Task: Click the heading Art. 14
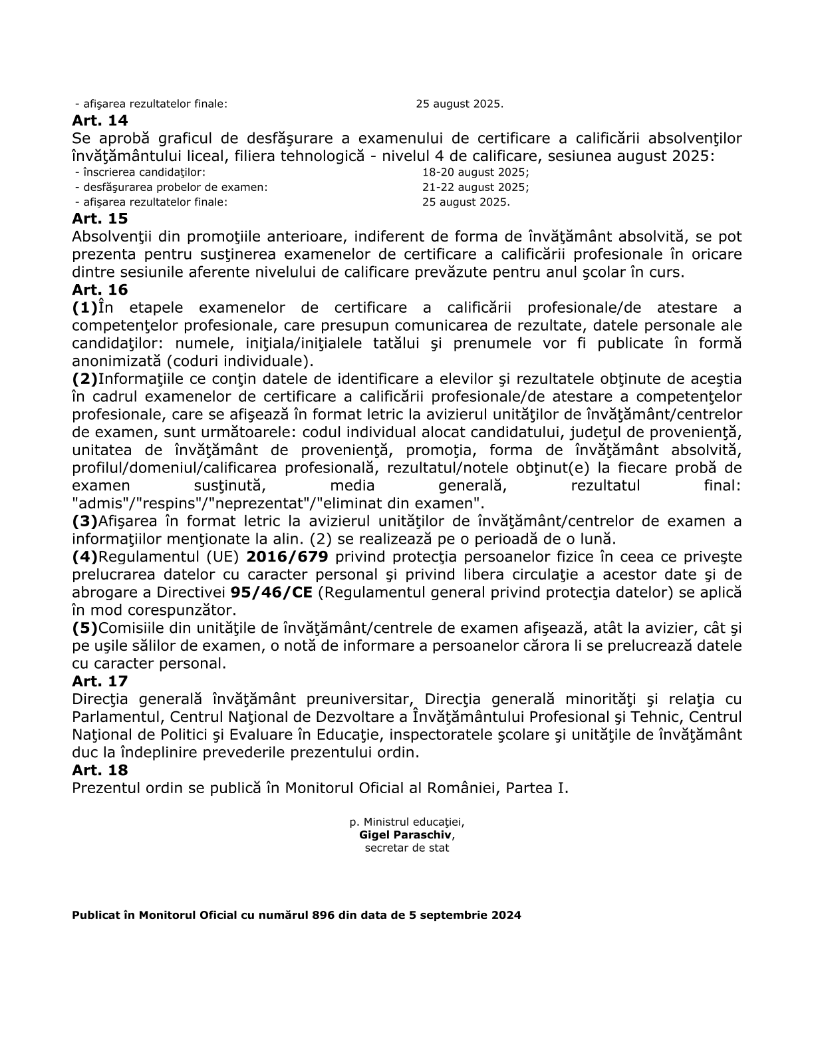100,121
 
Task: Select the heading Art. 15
100,219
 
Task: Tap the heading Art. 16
100,290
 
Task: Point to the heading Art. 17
100,681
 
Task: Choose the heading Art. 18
100,770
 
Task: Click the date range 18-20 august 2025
474,172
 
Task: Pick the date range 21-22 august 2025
474,187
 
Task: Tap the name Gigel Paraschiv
406,835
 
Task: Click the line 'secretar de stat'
407,848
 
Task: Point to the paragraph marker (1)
84,308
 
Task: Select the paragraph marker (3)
84,521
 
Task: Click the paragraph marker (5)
84,628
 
